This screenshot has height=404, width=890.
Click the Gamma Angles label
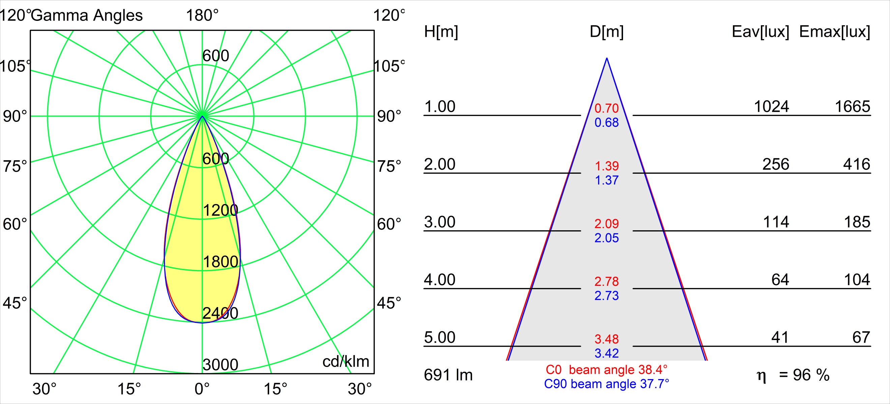pyautogui.click(x=87, y=15)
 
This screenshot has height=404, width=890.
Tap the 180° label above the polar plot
pyautogui.click(x=202, y=15)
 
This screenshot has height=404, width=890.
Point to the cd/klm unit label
pyautogui.click(x=346, y=362)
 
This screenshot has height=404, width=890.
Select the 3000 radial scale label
pyautogui.click(x=220, y=365)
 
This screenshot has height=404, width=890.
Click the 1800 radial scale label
pyautogui.click(x=220, y=262)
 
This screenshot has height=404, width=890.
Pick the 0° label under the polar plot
pyautogui.click(x=202, y=389)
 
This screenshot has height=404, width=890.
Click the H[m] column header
pyautogui.click(x=441, y=32)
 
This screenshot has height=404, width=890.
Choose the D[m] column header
pyautogui.click(x=607, y=32)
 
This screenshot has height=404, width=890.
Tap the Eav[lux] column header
pyautogui.click(x=761, y=32)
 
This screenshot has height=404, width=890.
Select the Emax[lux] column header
pyautogui.click(x=835, y=32)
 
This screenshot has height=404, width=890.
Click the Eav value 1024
pyautogui.click(x=771, y=107)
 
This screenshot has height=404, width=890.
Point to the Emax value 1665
pyautogui.click(x=852, y=107)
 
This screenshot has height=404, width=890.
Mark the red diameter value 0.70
pyautogui.click(x=606, y=108)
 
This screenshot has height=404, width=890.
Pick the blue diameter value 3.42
pyautogui.click(x=606, y=353)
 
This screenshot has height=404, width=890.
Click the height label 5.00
pyautogui.click(x=440, y=337)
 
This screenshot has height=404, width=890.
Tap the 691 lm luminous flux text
pyautogui.click(x=448, y=375)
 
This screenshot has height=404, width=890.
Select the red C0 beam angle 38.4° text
pyautogui.click(x=606, y=370)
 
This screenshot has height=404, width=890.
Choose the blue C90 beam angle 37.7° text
pyautogui.click(x=606, y=384)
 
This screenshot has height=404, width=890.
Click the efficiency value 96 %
pyautogui.click(x=811, y=375)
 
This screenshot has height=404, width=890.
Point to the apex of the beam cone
pyautogui.click(x=607, y=58)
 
